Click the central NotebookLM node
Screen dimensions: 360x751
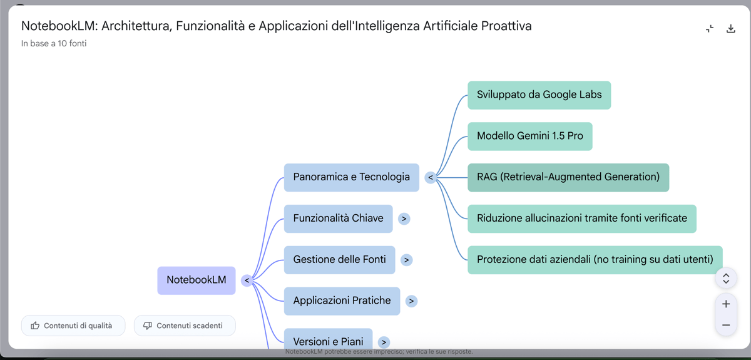tap(196, 280)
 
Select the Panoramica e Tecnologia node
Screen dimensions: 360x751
tap(351, 177)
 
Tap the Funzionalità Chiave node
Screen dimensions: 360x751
tap(338, 219)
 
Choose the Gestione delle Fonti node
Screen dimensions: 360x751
tap(339, 259)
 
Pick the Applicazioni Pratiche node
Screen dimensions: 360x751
tap(342, 301)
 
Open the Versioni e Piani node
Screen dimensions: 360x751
tap(328, 341)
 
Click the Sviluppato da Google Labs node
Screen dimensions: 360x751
tap(539, 95)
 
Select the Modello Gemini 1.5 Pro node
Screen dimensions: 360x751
tap(529, 136)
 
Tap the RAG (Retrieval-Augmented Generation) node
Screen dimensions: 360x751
tap(568, 177)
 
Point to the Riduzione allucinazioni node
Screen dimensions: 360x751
tap(581, 219)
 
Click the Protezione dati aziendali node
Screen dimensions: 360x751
tap(595, 259)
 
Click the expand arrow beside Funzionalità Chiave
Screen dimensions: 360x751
tap(404, 219)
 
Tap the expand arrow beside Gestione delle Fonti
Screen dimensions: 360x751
tap(406, 260)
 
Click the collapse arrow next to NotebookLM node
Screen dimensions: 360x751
tap(247, 280)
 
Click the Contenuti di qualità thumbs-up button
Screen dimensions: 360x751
tap(73, 326)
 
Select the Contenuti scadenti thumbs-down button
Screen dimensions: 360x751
tap(185, 326)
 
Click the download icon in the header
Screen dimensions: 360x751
tap(730, 29)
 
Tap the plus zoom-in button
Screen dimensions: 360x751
tap(726, 304)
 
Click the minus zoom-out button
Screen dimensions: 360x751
tap(726, 325)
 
